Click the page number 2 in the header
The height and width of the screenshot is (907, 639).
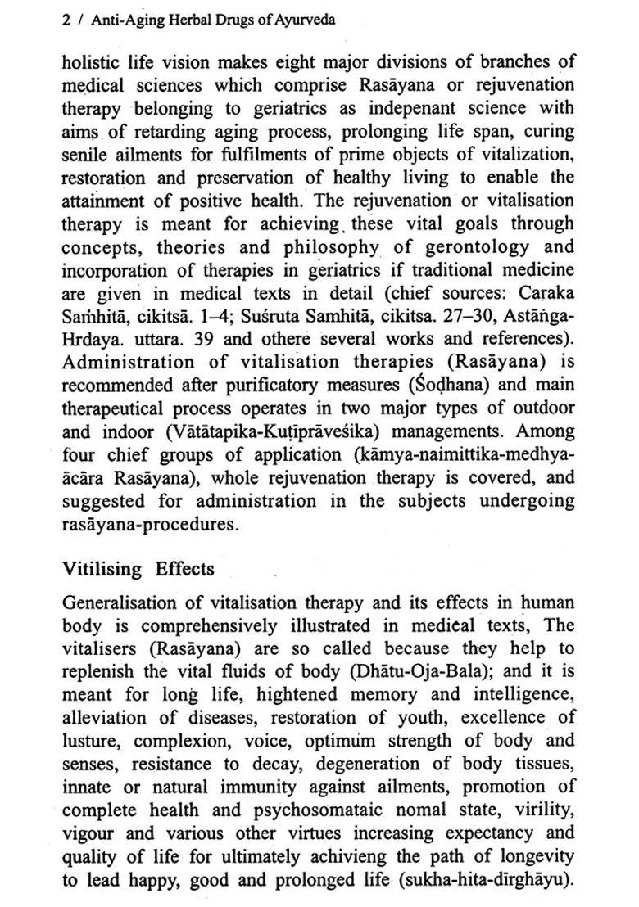66,20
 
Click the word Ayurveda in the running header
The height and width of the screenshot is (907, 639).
306,20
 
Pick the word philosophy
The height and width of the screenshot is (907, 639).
333,246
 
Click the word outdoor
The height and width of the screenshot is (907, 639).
541,408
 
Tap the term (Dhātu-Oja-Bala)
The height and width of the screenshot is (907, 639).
418,672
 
